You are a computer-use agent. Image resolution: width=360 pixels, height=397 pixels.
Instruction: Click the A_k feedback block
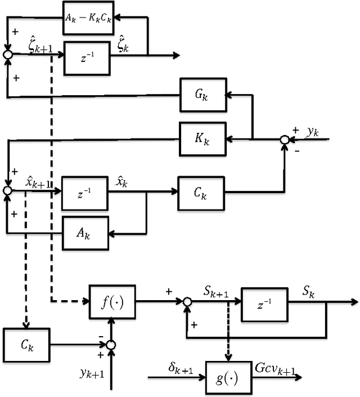point(85,231)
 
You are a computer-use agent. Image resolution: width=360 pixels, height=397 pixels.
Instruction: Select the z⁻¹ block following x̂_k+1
point(85,191)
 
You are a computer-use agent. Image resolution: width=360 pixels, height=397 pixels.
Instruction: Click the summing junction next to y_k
point(285,139)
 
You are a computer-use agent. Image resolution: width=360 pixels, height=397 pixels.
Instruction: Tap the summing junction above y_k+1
point(112,344)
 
